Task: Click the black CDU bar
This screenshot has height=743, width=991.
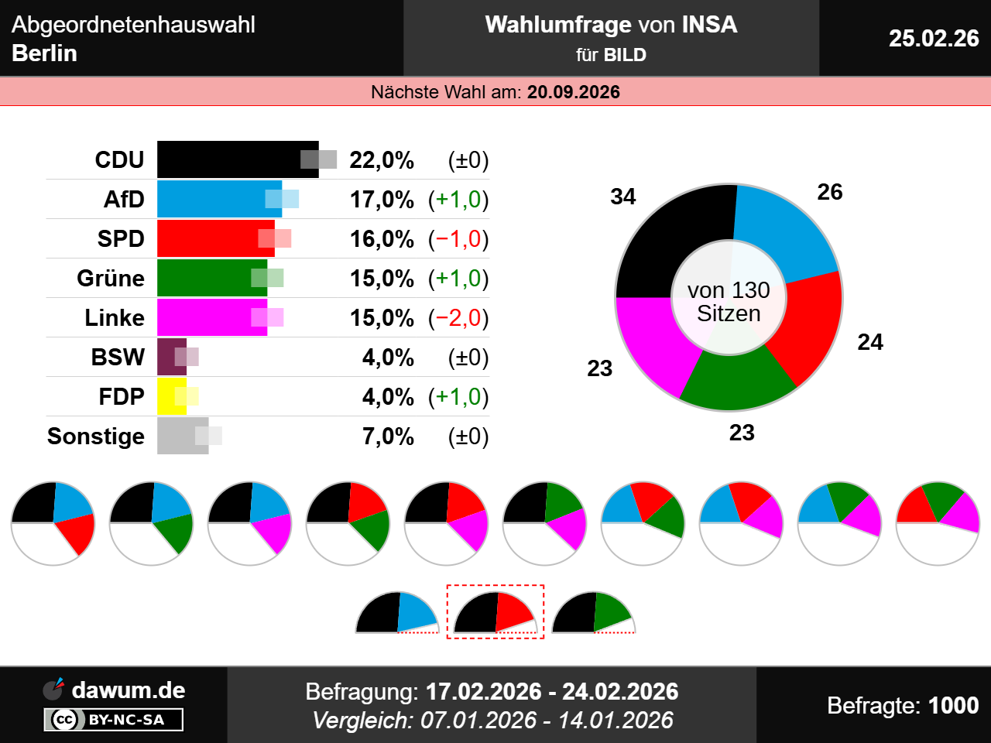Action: [x=232, y=159]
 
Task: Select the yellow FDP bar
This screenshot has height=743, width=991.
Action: [x=171, y=396]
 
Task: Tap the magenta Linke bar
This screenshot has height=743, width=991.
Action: [x=209, y=317]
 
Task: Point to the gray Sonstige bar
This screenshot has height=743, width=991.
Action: [x=182, y=436]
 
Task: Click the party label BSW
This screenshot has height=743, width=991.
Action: [x=118, y=358]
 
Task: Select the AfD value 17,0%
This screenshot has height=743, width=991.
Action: [x=382, y=200]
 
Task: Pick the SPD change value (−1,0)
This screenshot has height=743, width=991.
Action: [x=458, y=239]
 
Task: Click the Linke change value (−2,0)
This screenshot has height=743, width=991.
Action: [x=458, y=318]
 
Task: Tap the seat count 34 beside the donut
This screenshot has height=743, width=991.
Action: [x=622, y=197]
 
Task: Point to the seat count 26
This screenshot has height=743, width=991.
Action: [x=829, y=192]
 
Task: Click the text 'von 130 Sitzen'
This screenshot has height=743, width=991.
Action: [x=729, y=302]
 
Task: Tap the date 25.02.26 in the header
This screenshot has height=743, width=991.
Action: [x=933, y=38]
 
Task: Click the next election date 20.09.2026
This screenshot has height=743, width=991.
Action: [x=573, y=92]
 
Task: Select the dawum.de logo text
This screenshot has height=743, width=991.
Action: [x=128, y=690]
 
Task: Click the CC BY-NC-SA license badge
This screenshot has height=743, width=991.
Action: [x=113, y=720]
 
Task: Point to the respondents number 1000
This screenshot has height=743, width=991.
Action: [x=953, y=705]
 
